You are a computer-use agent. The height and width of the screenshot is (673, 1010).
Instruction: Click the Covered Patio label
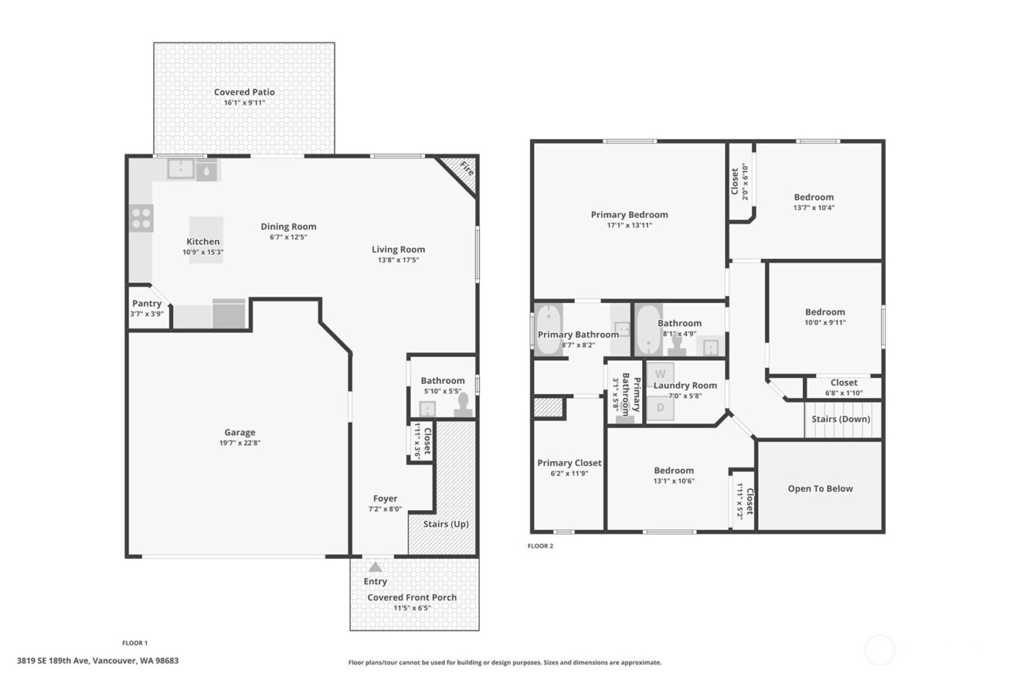(x=244, y=92)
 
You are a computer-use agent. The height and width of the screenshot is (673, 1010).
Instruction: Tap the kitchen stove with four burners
(x=141, y=218)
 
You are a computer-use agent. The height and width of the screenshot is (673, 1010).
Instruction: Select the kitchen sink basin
(x=180, y=170)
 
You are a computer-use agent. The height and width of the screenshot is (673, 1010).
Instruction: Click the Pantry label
(x=146, y=304)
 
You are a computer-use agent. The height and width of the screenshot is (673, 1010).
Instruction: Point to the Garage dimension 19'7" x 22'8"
(x=240, y=443)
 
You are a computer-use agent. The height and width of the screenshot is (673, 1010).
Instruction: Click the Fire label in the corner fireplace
(x=467, y=170)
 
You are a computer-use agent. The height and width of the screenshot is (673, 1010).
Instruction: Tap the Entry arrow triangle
(x=375, y=567)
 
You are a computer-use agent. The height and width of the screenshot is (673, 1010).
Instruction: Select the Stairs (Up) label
(x=445, y=524)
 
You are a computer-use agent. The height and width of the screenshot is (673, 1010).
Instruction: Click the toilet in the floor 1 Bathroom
(x=463, y=404)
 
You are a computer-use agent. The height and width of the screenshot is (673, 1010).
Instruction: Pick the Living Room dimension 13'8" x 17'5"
(x=398, y=260)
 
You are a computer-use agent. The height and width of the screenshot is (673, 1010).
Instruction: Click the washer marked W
(x=660, y=374)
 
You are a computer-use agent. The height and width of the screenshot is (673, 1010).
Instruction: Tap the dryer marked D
(x=660, y=408)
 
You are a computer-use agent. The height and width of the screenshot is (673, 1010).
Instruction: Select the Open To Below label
(x=820, y=489)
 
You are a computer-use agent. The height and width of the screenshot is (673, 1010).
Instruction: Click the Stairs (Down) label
(x=840, y=419)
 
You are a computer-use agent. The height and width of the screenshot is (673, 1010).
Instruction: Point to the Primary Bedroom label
(x=629, y=215)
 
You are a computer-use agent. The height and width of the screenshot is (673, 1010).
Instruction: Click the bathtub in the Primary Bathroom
(x=549, y=330)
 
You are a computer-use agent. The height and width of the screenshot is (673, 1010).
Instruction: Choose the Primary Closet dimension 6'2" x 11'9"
(x=569, y=474)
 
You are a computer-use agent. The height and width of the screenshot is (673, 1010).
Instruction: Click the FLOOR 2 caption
(x=540, y=546)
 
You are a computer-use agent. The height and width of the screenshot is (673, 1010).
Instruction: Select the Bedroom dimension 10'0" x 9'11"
(x=825, y=323)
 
